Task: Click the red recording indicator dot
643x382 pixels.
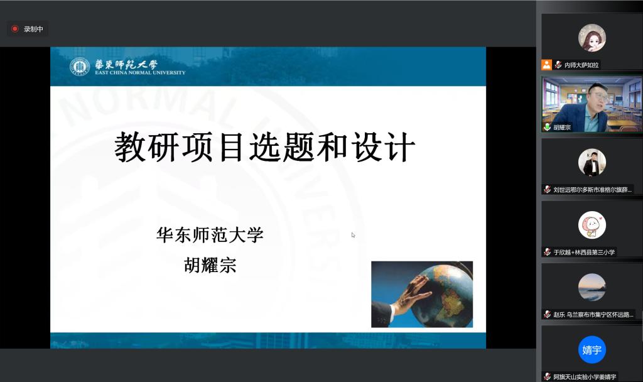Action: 15,29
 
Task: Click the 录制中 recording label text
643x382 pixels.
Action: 33,29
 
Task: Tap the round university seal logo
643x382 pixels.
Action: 80,67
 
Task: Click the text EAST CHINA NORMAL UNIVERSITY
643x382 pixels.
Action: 140,73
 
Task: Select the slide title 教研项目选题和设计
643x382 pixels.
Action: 264,147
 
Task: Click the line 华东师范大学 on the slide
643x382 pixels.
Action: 210,235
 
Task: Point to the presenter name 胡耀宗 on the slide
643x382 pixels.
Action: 210,265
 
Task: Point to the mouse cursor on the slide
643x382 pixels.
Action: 353,235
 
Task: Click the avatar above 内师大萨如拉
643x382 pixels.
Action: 592,38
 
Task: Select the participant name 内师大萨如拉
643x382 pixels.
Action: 581,65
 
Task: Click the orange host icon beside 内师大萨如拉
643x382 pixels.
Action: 547,65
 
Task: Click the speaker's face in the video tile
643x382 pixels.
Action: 597,101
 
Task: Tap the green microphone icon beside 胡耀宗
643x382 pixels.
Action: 547,127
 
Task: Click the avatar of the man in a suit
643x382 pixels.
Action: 592,163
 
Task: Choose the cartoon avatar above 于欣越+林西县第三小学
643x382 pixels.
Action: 592,225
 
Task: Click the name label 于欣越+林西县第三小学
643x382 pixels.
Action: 584,253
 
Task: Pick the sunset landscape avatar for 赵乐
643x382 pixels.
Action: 592,287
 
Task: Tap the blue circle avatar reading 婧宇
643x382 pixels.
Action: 592,349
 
